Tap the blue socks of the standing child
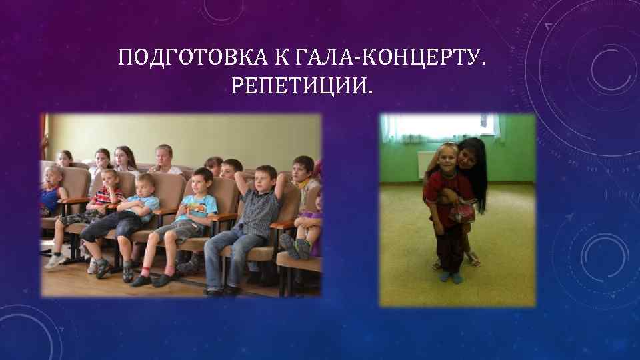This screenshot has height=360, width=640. coord(451,275)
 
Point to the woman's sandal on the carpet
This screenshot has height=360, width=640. coord(473,261)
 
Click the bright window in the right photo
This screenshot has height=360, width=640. coord(440,127)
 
